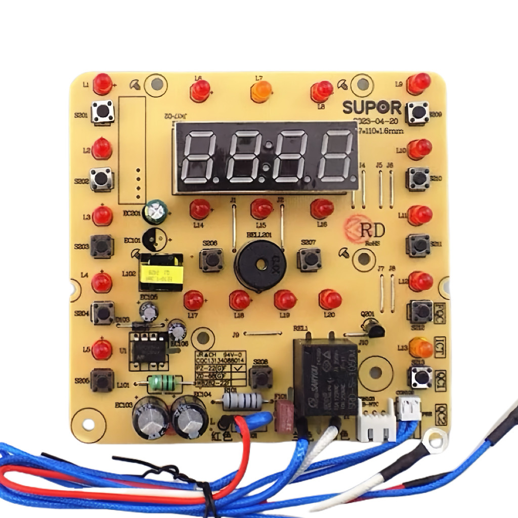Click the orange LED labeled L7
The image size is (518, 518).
(261, 93)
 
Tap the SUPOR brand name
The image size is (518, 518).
(372, 108)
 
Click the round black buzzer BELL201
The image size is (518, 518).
(261, 265)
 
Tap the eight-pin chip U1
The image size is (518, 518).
(148, 349)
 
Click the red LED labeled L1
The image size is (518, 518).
(103, 84)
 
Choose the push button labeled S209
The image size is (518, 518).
(418, 112)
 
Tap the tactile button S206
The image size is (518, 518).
(211, 260)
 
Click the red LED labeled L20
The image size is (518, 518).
(330, 299)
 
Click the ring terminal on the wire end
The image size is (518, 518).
(430, 441)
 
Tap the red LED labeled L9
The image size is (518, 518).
(419, 83)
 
